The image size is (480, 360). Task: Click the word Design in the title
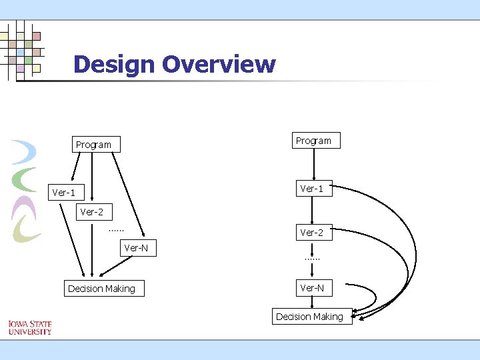click(115, 65)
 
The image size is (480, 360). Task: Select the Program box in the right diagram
click(313, 141)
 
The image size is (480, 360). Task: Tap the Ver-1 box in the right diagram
click(312, 189)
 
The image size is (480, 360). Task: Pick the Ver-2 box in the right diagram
click(312, 233)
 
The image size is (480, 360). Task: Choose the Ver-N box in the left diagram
click(137, 248)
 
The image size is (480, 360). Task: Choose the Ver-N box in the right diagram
click(312, 288)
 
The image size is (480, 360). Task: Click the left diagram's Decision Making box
click(101, 289)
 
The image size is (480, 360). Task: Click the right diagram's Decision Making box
click(310, 317)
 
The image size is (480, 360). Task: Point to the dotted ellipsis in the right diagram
click(312, 258)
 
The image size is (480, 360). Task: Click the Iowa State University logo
click(30, 327)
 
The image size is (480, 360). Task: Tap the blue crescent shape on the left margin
click(25, 152)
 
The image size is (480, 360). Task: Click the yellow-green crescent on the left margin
click(27, 230)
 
